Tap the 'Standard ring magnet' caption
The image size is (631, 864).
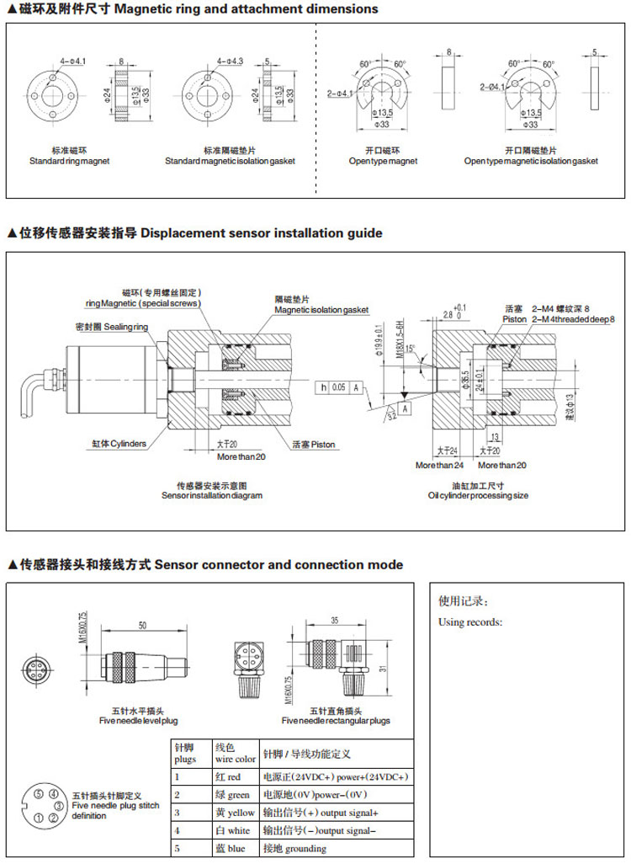tap(70, 161)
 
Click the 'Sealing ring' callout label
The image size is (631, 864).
tap(109, 327)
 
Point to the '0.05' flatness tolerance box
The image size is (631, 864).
tap(338, 387)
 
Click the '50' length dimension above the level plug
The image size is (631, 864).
tap(143, 626)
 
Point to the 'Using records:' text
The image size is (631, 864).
tap(470, 622)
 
